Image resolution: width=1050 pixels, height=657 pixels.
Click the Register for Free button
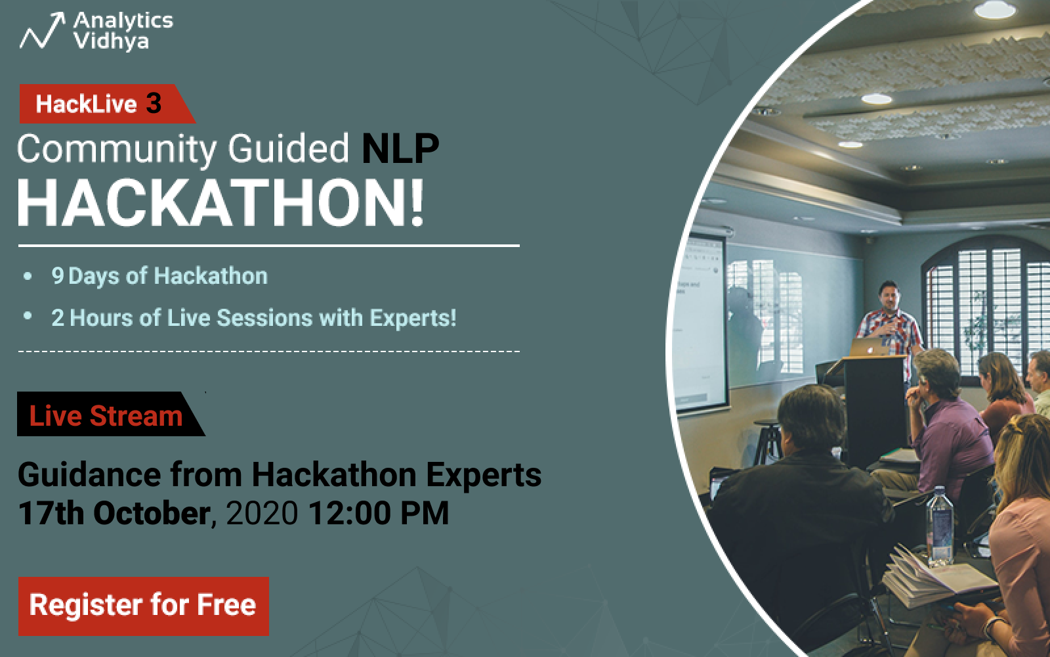[x=144, y=606]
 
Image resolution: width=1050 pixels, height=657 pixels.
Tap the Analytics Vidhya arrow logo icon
[x=42, y=30]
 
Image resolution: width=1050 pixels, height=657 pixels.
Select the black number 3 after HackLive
[x=154, y=103]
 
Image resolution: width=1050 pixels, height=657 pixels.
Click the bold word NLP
[x=400, y=148]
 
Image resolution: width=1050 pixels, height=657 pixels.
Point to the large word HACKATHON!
[x=220, y=204]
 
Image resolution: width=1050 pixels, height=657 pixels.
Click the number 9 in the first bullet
[x=58, y=275]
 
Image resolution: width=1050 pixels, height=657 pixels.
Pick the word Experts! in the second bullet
[x=413, y=318]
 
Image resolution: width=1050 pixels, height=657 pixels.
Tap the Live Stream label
[x=106, y=416]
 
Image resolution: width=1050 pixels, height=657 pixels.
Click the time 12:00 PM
[x=379, y=513]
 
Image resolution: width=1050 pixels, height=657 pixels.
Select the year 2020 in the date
[x=262, y=513]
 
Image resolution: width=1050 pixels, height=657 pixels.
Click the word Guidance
[x=90, y=475]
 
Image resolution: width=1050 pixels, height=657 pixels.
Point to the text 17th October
[x=114, y=513]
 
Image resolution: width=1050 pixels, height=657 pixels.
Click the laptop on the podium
[x=869, y=348]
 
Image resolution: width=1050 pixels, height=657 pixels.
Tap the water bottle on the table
[x=939, y=526]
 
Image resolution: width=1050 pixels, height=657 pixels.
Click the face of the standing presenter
[x=889, y=298]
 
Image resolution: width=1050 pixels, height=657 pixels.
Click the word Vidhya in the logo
[x=111, y=41]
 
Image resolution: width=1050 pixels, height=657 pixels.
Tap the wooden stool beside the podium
[x=767, y=441]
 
